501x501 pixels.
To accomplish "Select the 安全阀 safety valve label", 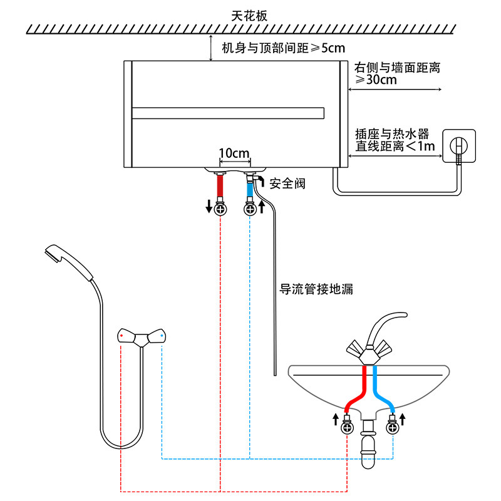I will pos(287,183).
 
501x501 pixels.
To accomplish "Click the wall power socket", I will pos(459,146).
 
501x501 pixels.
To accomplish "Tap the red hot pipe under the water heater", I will pos(220,186).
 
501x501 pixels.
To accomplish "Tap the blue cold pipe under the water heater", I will pos(250,186).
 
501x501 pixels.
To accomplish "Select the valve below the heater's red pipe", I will pos(220,209).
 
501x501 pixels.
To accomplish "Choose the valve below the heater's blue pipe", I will pos(250,209).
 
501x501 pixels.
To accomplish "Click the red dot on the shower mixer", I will pos(121,337).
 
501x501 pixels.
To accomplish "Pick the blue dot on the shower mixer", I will pos(162,337).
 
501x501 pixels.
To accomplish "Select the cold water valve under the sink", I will pos(393,428).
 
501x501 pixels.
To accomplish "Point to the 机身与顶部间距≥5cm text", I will pos(283,48).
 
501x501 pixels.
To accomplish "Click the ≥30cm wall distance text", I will pos(376,80).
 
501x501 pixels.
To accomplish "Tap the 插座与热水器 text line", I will pos(392,133).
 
